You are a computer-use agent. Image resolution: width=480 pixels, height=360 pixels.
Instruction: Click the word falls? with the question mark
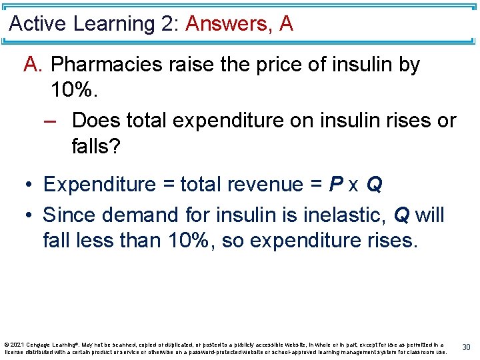[x=96, y=147]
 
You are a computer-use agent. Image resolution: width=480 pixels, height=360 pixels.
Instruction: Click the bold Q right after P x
[x=374, y=185]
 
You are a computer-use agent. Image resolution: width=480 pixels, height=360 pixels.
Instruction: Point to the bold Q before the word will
[x=402, y=215]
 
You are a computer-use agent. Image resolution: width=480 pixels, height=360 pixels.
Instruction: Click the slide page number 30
[x=467, y=347]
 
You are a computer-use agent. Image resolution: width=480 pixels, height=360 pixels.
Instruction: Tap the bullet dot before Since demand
[x=31, y=216]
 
